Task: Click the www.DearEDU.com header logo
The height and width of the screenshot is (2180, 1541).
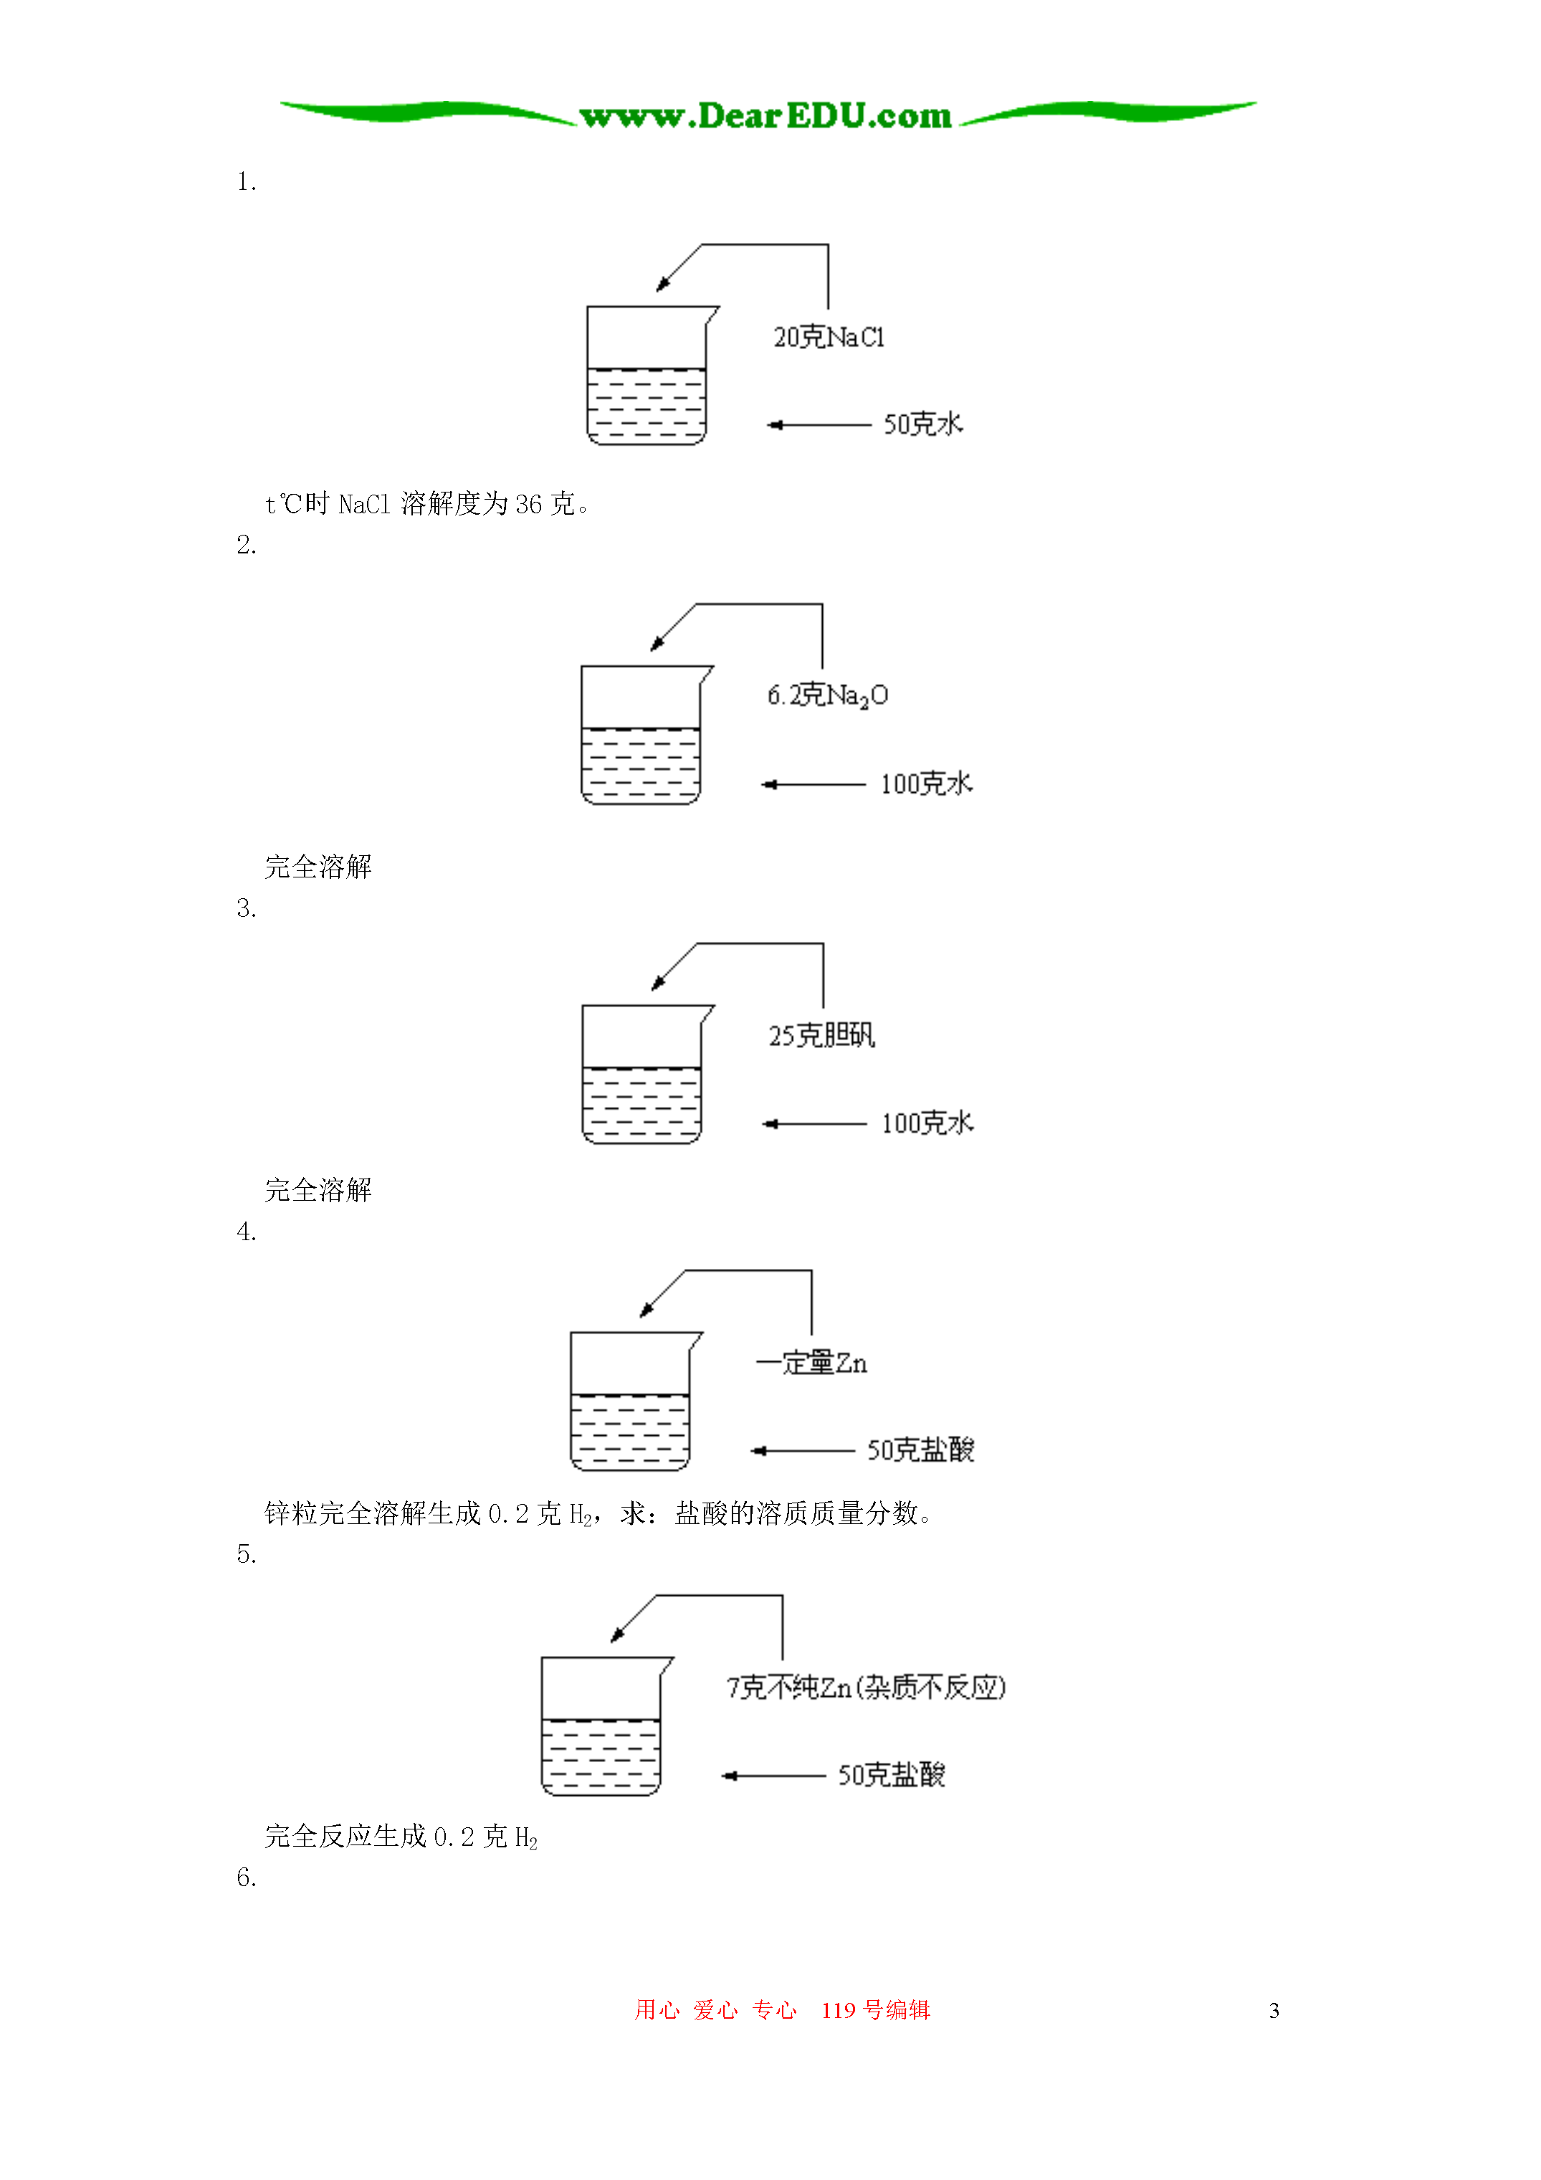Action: point(765,116)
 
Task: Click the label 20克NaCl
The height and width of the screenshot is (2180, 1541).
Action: point(829,337)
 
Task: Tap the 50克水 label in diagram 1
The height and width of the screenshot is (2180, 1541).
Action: point(923,424)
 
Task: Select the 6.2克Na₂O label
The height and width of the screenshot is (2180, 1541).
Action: point(828,696)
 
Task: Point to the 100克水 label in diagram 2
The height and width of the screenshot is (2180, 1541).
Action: point(927,784)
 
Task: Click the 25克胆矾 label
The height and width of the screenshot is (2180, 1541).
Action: point(821,1035)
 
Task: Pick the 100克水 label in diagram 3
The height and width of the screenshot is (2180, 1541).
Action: point(927,1123)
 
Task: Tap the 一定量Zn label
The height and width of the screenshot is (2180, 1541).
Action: point(812,1363)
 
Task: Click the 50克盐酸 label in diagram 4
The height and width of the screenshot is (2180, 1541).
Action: point(920,1450)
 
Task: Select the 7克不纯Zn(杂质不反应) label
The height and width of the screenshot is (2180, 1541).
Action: point(866,1688)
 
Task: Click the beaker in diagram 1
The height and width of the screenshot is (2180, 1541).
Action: point(652,375)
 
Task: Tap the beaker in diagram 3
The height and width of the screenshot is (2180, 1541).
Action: point(647,1074)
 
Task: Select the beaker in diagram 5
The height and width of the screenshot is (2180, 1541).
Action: point(606,1726)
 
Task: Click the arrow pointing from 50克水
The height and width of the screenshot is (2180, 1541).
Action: point(819,424)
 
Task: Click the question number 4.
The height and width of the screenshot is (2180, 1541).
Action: point(247,1232)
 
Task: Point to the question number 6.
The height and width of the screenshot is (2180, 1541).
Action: point(247,1878)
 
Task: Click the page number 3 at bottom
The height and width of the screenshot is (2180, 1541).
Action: point(1274,2010)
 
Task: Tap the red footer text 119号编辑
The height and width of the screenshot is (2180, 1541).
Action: point(875,2010)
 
